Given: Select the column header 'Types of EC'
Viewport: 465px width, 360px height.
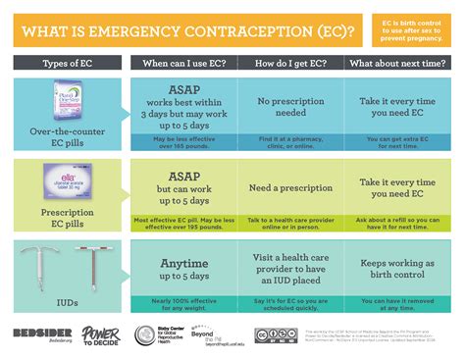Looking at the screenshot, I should pos(68,64).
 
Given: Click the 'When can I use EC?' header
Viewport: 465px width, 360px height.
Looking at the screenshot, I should pos(182,64).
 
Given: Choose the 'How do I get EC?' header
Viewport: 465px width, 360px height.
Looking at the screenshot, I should pos(290,64).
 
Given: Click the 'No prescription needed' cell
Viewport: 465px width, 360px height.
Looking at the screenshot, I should pos(290,107).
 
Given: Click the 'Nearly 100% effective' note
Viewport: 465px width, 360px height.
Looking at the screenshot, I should pos(182,306).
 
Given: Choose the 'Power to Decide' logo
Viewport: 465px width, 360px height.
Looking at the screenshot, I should pos(100,335).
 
